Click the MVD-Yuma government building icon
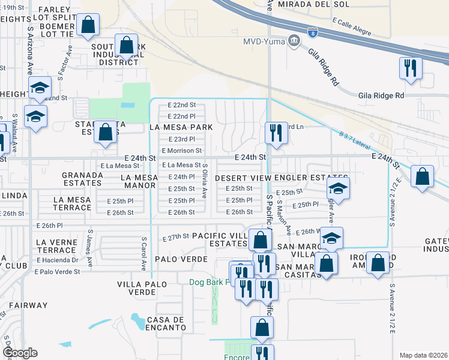[294, 41]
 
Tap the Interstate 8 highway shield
[312, 32]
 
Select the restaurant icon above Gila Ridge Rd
[410, 68]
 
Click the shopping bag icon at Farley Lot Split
[88, 25]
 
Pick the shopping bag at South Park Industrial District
[126, 45]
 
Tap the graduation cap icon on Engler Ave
[339, 190]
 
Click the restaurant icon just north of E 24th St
[276, 133]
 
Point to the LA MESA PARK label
[181, 127]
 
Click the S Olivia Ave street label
[205, 181]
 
